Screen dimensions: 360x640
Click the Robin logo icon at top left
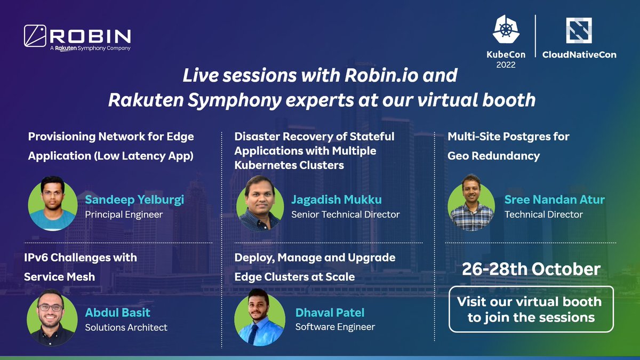pos(36,35)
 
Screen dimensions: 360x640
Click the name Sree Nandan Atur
pos(555,200)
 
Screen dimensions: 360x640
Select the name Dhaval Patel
pos(330,313)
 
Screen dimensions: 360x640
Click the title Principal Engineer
pos(124,214)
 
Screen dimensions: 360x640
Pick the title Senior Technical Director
pos(345,214)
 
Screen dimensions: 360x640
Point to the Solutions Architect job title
pos(126,327)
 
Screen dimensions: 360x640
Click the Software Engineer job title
pos(335,326)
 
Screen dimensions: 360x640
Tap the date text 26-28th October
pos(531,269)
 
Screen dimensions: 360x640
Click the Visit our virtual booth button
pos(531,309)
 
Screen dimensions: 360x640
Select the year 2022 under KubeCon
pos(506,65)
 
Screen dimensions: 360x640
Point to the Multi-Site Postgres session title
pos(508,146)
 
